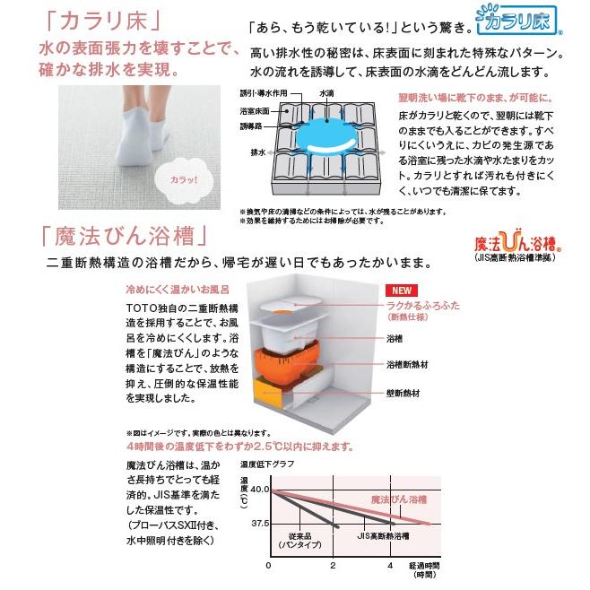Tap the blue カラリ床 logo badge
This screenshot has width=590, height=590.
click(520, 21)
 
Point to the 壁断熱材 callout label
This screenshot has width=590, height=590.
click(405, 392)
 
